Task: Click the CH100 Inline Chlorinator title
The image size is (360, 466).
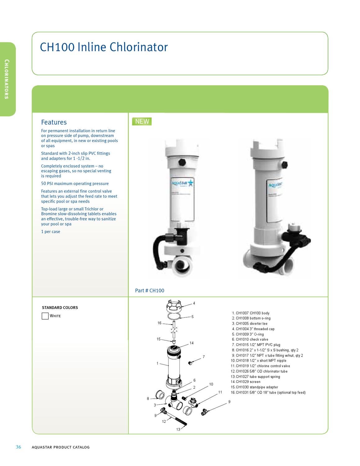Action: (x=104, y=47)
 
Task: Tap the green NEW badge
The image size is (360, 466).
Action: (x=142, y=122)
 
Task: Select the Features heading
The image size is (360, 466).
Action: (x=54, y=122)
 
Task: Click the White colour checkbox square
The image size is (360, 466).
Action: (x=45, y=316)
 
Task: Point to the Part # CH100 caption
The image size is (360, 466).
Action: (x=149, y=291)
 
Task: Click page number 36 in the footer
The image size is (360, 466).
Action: (x=18, y=447)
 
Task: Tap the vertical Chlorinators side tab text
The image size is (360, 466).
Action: (x=7, y=79)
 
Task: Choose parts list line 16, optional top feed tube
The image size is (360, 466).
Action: (x=268, y=392)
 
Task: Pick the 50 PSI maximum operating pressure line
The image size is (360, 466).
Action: (x=75, y=184)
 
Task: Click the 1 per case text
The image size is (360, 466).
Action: (x=51, y=232)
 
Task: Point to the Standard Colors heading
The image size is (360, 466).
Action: (x=60, y=307)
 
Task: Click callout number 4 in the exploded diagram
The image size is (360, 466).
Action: (x=194, y=303)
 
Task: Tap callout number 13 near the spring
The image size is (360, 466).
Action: (x=178, y=429)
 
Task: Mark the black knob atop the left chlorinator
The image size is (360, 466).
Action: (x=182, y=162)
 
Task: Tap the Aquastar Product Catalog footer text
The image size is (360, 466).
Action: (x=61, y=447)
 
